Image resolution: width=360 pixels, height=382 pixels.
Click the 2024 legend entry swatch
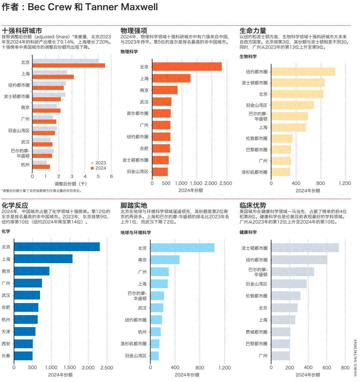pyautogui.click(x=92, y=168)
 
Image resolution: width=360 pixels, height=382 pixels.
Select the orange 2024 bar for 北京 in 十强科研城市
pyautogui.click(x=69, y=65)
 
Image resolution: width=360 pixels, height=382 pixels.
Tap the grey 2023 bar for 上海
pyautogui.click(x=50, y=72)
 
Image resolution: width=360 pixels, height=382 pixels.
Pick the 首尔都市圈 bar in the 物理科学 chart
pyautogui.click(x=161, y=113)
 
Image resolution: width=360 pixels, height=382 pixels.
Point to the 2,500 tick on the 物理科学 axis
pyautogui.click(x=226, y=183)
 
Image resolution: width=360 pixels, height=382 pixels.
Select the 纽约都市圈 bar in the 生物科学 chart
pyautogui.click(x=303, y=72)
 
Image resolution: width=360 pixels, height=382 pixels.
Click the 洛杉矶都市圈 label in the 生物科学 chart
pyautogui.click(x=254, y=172)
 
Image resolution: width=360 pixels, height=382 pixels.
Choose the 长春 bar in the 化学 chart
pyautogui.click(x=23, y=356)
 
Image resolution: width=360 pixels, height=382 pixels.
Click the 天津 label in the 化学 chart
pyautogui.click(x=6, y=332)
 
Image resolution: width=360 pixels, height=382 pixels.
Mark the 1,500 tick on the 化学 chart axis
pyautogui.click(x=70, y=368)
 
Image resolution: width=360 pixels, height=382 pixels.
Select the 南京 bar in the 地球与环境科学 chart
pyautogui.click(x=165, y=260)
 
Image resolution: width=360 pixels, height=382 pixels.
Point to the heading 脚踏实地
pyautogui.click(x=134, y=205)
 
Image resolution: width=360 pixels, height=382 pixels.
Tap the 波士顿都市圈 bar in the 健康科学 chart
pyautogui.click(x=305, y=248)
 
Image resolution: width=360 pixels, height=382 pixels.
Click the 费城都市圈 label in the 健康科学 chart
pyautogui.click(x=256, y=332)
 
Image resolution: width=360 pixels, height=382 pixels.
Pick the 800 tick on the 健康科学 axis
pyautogui.click(x=345, y=368)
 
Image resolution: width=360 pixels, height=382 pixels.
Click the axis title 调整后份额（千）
pyautogui.click(x=70, y=184)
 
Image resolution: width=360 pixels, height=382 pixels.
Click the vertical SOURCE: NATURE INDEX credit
pyautogui.click(x=355, y=358)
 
